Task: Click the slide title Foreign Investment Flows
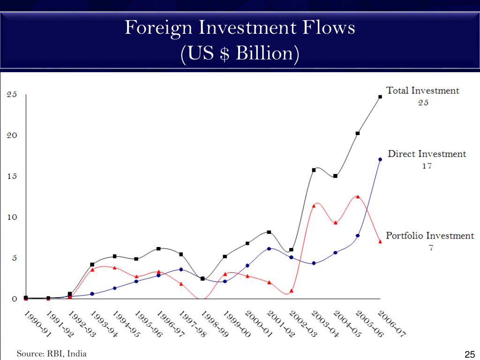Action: click(240, 28)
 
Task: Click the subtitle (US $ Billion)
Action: click(240, 53)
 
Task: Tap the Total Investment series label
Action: click(422, 90)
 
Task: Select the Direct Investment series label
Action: click(427, 154)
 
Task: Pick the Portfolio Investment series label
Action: click(430, 235)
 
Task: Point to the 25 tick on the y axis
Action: click(11, 94)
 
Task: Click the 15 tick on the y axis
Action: click(11, 176)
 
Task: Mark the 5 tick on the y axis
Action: click(14, 258)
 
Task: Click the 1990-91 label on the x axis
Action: click(37, 323)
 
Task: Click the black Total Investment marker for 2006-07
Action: click(380, 97)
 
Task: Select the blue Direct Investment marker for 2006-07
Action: click(380, 159)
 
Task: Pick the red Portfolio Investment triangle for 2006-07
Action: click(380, 241)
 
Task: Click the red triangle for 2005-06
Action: click(358, 196)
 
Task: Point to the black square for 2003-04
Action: click(314, 170)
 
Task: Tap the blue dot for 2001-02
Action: click(269, 248)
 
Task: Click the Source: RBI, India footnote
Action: click(52, 354)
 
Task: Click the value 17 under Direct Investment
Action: click(427, 166)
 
